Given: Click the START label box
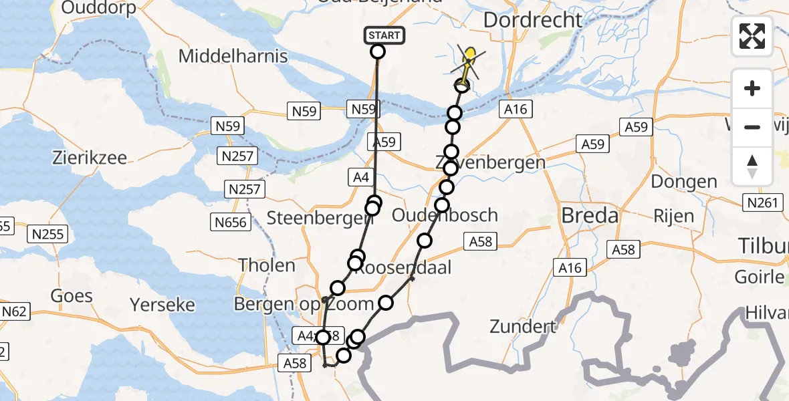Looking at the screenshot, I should click(x=384, y=35).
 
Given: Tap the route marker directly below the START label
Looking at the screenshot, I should click(x=378, y=51).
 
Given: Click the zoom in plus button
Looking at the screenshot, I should click(x=752, y=88).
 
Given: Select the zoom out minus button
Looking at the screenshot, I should click(x=752, y=127).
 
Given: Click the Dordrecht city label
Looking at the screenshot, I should click(x=532, y=19).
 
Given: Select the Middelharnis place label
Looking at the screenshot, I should click(x=233, y=56).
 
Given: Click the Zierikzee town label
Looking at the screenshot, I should click(x=90, y=158).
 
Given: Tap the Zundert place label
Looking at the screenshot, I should click(x=523, y=327).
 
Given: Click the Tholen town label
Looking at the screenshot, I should click(x=267, y=265).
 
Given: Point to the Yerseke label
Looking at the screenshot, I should click(x=163, y=305).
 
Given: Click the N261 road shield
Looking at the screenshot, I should click(x=763, y=203).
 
